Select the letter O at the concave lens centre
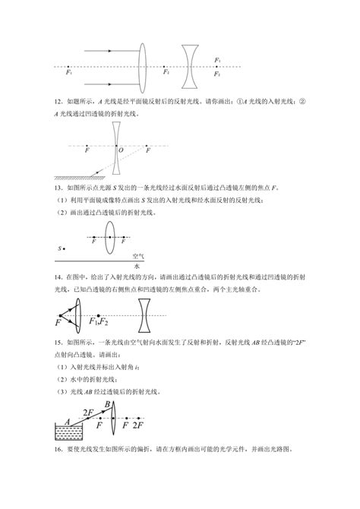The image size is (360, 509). click(x=121, y=150)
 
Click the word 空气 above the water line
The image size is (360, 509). click(x=137, y=256)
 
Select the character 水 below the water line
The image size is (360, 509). click(x=137, y=267)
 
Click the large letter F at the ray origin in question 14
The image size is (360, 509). click(x=58, y=324)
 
